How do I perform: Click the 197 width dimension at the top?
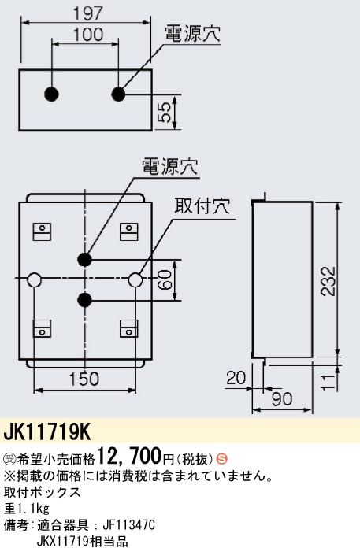pos(88,14)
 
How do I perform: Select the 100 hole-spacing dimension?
pos(88,35)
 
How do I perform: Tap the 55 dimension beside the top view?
pos(165,112)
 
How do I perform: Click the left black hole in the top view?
pos(51,94)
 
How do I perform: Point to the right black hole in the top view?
pos(118,94)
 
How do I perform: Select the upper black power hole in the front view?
pos(84,259)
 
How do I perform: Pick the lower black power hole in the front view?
pos(84,300)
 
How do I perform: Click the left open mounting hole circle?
pos(34,279)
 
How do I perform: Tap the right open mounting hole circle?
pos(135,279)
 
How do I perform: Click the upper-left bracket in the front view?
pos(42,231)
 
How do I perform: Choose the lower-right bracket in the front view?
pos(129,328)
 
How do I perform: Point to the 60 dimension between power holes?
pos(165,280)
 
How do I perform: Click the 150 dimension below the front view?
pos(84,379)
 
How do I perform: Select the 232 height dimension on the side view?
pos(328,281)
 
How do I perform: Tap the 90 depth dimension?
pos(282,399)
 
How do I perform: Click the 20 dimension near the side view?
pos(236,378)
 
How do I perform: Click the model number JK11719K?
pos(47,432)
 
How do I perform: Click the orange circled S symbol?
pos(222,459)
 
